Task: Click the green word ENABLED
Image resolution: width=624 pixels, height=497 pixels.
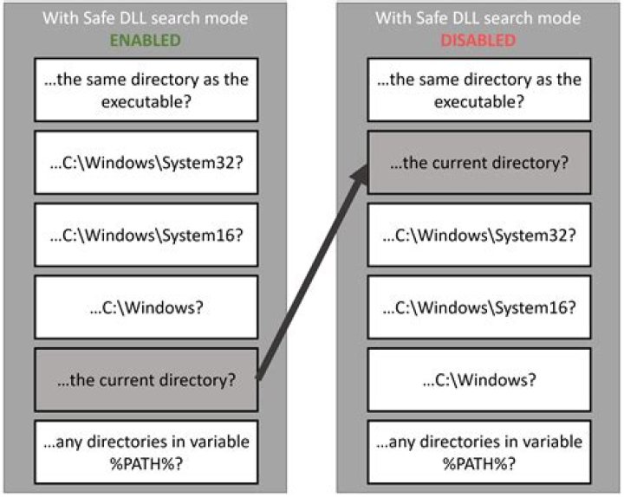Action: (145, 40)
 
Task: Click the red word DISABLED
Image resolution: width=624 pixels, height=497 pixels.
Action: (478, 40)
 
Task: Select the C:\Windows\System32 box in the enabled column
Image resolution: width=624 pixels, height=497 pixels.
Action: (146, 163)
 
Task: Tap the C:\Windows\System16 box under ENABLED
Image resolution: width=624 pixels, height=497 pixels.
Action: (146, 235)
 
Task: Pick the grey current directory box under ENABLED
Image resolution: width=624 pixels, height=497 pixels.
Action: (146, 378)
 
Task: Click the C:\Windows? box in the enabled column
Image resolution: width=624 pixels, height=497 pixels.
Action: (146, 307)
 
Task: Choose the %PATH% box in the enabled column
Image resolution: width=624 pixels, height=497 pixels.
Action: (146, 451)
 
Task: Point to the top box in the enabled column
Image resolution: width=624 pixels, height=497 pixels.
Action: (146, 90)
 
